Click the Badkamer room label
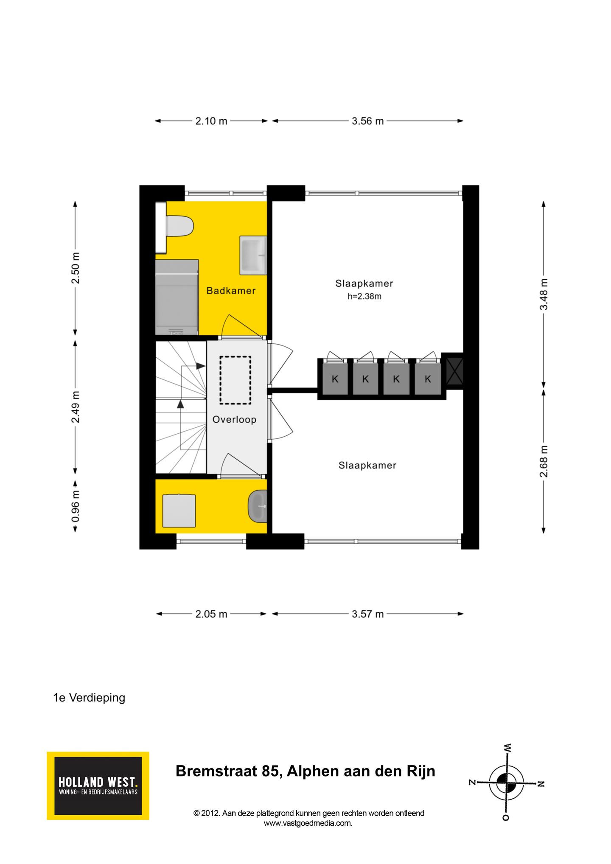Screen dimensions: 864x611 pos(231,291)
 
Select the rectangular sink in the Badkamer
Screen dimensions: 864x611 pos(253,255)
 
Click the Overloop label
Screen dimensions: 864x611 pos(234,420)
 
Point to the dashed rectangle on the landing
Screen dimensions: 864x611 pos(235,380)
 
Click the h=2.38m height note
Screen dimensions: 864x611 pos(364,297)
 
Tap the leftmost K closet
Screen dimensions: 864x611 pos(335,379)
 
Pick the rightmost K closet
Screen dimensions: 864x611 pos(428,379)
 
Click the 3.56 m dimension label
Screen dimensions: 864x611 pos(367,121)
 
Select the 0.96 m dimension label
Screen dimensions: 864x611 pos(76,506)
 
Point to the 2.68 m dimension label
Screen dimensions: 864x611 pos(544,461)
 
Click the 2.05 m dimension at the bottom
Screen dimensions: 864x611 pos(211,614)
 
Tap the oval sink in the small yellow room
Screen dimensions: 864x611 pos(257,506)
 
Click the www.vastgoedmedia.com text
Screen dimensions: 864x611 pos(308,823)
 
